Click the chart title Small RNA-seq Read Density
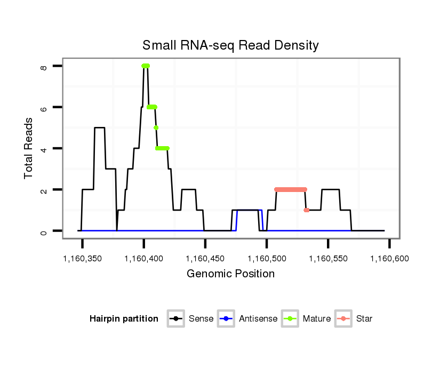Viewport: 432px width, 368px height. [x=230, y=45]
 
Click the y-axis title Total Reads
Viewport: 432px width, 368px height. [x=29, y=148]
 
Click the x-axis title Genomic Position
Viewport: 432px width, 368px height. [x=230, y=274]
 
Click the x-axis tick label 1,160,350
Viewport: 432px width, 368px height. [x=82, y=258]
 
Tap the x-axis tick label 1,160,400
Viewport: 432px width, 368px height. [x=143, y=258]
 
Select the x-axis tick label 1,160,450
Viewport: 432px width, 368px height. [x=205, y=258]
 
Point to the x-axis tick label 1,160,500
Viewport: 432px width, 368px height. [x=267, y=258]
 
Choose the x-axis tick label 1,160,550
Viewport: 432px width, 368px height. [x=328, y=258]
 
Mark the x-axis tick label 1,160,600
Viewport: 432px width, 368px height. [x=390, y=258]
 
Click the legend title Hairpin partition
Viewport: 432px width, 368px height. [x=124, y=319]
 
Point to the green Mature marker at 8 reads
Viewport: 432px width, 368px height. [x=146, y=66]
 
